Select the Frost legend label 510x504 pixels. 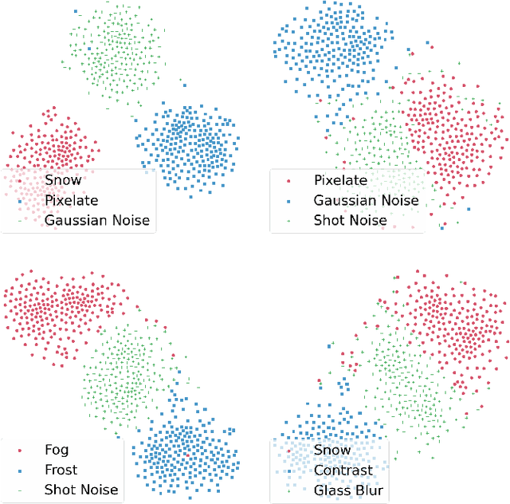coord(61,471)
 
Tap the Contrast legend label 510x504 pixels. coord(343,471)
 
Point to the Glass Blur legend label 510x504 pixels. coord(350,490)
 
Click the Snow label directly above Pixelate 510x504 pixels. coord(63,180)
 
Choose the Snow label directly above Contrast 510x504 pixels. coord(332,451)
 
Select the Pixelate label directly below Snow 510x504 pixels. coord(71,199)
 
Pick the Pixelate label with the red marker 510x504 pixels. coord(340,181)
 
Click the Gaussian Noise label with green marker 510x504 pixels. coord(97,219)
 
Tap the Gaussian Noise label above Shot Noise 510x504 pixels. coord(366,200)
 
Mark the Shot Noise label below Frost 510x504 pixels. coord(81,490)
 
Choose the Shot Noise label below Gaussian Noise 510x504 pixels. coord(350,220)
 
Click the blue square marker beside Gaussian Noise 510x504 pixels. coord(288,201)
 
